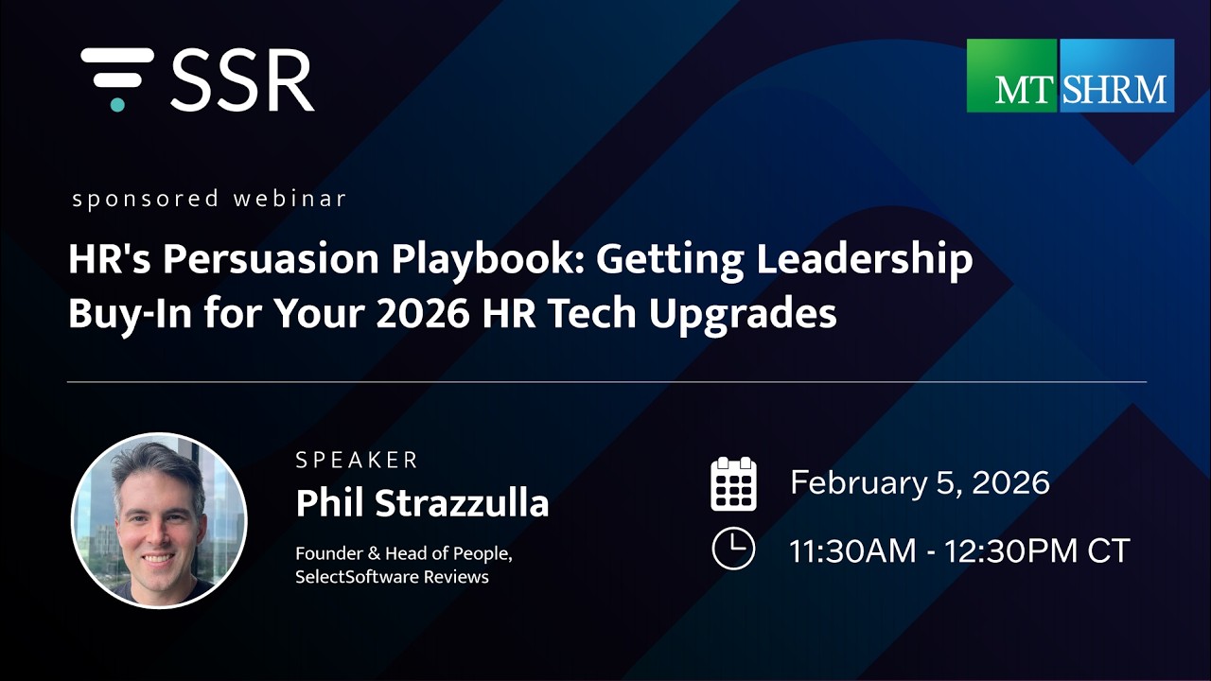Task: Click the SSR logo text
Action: [x=242, y=80]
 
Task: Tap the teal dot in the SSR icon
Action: [x=117, y=104]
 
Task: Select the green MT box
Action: [x=1011, y=76]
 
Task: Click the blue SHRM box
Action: [x=1116, y=76]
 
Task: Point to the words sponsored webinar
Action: [x=209, y=200]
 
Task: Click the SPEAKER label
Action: [x=357, y=461]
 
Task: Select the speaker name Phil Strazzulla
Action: [x=422, y=503]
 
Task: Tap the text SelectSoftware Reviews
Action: [x=392, y=576]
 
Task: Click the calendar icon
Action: [x=733, y=483]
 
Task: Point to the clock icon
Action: [x=733, y=549]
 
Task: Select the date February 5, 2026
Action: [x=920, y=483]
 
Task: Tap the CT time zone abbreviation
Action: [x=1108, y=550]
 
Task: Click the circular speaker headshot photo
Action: [x=159, y=520]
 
